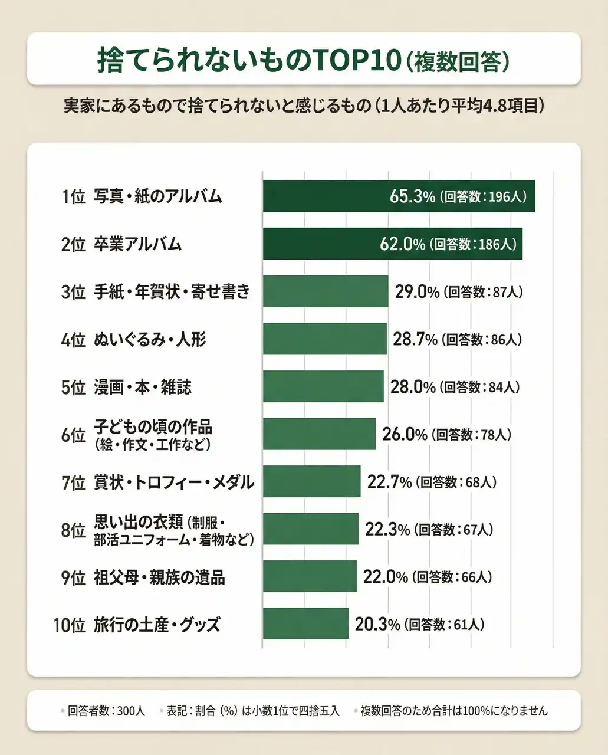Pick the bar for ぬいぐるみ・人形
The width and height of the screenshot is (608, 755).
[x=324, y=339]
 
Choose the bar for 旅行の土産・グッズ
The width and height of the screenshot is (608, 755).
[x=305, y=624]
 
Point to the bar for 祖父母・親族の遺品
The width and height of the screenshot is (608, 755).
[x=310, y=576]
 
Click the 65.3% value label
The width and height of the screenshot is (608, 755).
[x=412, y=196]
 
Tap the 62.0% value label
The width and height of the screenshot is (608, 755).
[x=402, y=244]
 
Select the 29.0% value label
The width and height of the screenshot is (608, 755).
[x=417, y=292]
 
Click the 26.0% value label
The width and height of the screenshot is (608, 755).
[x=405, y=435]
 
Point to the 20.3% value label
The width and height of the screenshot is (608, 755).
[x=377, y=624]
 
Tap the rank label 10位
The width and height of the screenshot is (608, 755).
[x=70, y=625]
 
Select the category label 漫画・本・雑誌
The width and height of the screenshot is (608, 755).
[x=143, y=388]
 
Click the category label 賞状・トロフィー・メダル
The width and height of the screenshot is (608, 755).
[x=174, y=482]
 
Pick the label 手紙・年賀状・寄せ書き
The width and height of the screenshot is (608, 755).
[x=172, y=292]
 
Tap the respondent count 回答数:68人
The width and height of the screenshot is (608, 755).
[x=456, y=482]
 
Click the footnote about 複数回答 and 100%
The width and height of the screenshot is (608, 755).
[x=454, y=711]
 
